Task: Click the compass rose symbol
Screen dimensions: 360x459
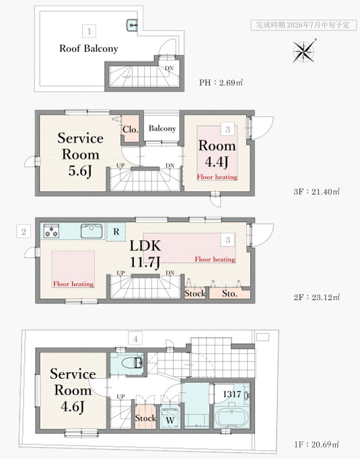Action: coord(304,52)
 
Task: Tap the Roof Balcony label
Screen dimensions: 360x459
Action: coord(89,48)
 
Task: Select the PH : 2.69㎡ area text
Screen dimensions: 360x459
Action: coord(221,83)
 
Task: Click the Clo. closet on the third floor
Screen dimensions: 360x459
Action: coord(131,129)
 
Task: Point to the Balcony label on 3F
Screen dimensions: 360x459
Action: coord(162,129)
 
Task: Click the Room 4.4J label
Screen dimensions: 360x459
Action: coord(217,153)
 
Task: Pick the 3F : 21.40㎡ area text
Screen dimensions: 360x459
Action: coord(317,192)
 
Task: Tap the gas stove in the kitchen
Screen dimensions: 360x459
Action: coord(52,231)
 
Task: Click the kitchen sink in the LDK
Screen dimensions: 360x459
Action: coord(92,232)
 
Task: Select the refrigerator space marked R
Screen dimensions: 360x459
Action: coord(116,232)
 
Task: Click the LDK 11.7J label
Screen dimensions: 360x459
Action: coord(145,254)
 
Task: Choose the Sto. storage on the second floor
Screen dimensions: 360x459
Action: coord(229,293)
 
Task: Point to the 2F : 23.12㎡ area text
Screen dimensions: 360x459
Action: coord(317,297)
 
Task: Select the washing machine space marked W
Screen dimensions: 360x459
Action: coord(170,418)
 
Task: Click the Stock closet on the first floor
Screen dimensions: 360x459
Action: coord(145,417)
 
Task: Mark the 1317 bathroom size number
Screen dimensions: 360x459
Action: coord(231,394)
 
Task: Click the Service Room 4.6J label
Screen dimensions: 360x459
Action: coord(73,390)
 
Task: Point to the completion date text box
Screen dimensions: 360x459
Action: coord(303,25)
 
